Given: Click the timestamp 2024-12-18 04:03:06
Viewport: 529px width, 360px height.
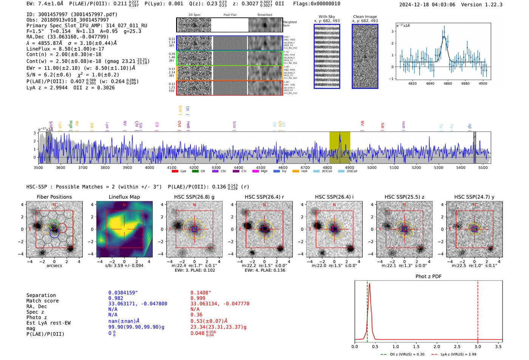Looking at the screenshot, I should click(x=427, y=5).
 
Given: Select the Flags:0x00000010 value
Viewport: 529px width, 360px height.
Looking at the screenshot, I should click(x=317, y=4).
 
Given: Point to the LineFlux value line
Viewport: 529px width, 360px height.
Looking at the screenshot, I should click(x=65, y=49).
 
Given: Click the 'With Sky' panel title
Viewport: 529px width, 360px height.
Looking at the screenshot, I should click(x=327, y=17).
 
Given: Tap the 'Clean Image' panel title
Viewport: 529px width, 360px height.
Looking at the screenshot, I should click(x=365, y=17).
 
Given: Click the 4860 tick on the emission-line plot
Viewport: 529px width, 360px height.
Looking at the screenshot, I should click(x=448, y=83).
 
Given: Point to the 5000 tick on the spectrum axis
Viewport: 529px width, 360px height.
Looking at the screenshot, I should click(x=372, y=168).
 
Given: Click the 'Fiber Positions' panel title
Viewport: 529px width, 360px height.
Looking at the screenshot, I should click(x=54, y=197).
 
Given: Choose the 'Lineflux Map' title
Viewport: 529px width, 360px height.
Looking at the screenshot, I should click(x=124, y=197).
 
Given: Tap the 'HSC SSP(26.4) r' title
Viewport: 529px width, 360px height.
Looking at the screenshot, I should click(x=264, y=197).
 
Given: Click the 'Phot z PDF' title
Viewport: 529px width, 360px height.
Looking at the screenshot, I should click(x=428, y=277).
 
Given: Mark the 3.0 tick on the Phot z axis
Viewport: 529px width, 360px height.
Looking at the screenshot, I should click(x=478, y=346).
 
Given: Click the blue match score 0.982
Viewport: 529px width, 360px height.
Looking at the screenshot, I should click(x=116, y=298).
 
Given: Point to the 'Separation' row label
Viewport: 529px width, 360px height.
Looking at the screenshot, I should click(x=41, y=295).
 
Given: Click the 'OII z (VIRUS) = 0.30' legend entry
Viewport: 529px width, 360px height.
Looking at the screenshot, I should click(x=403, y=354).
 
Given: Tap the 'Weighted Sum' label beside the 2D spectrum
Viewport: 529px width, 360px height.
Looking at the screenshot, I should click(x=290, y=24).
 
